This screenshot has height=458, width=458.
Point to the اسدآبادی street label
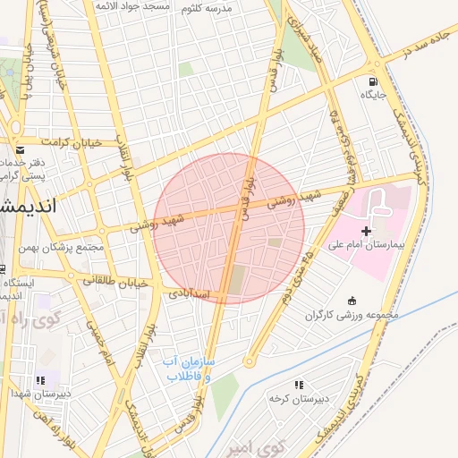pos(188,293)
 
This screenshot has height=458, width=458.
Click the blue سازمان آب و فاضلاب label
pos(186,369)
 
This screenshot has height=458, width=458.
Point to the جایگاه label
pos(372,93)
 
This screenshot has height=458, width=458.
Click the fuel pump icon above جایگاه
pos(372,79)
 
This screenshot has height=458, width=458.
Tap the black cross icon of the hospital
pos(366,231)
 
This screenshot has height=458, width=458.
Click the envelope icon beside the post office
pos(20,148)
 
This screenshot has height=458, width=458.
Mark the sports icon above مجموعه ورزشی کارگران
pos(352,301)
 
